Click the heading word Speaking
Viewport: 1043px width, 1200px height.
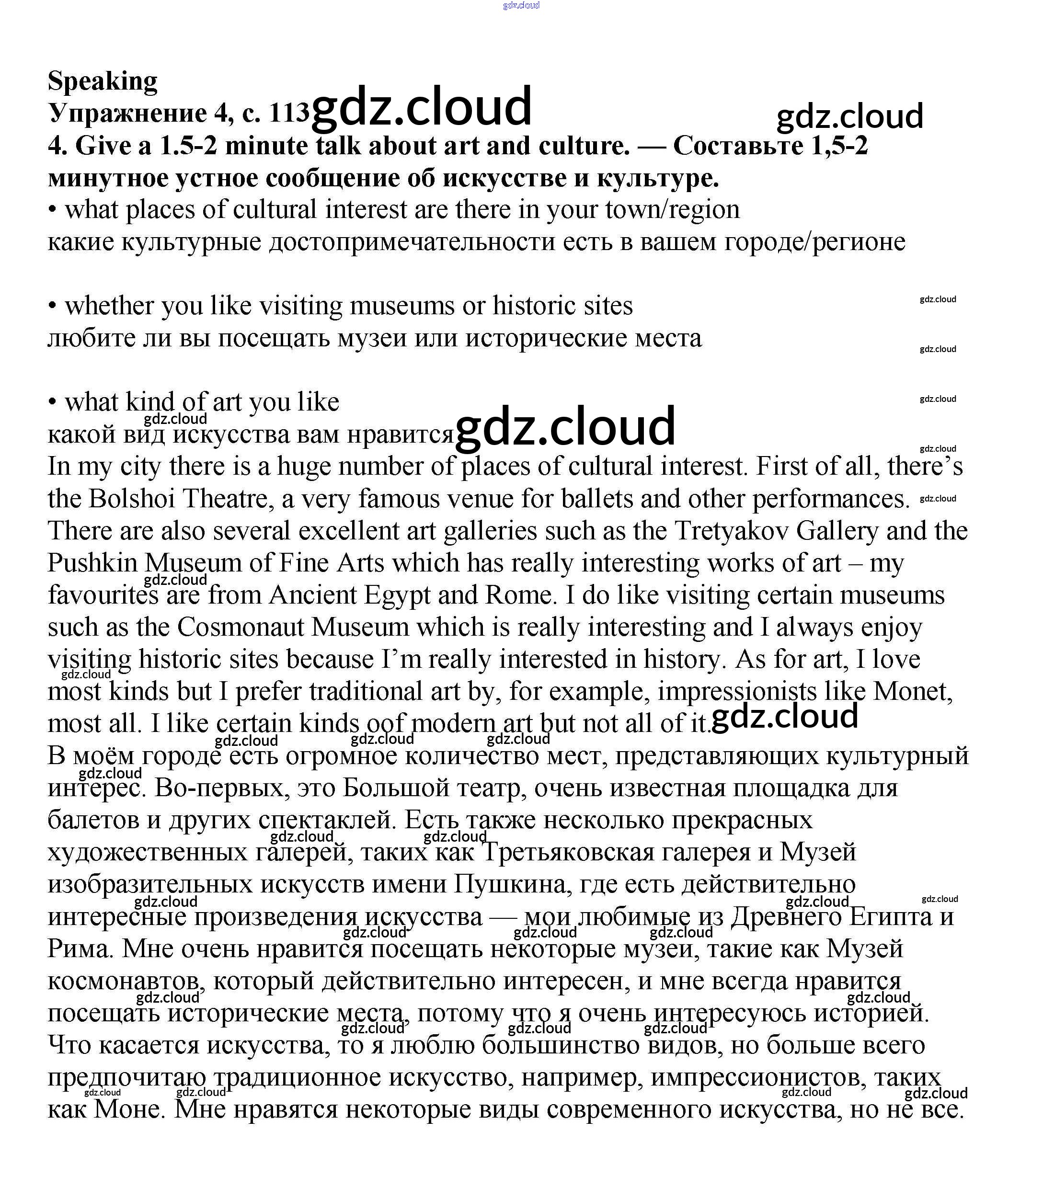(x=103, y=81)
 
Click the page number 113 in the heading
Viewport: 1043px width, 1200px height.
(x=289, y=113)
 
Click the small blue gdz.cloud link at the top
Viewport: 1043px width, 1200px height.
(x=521, y=5)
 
